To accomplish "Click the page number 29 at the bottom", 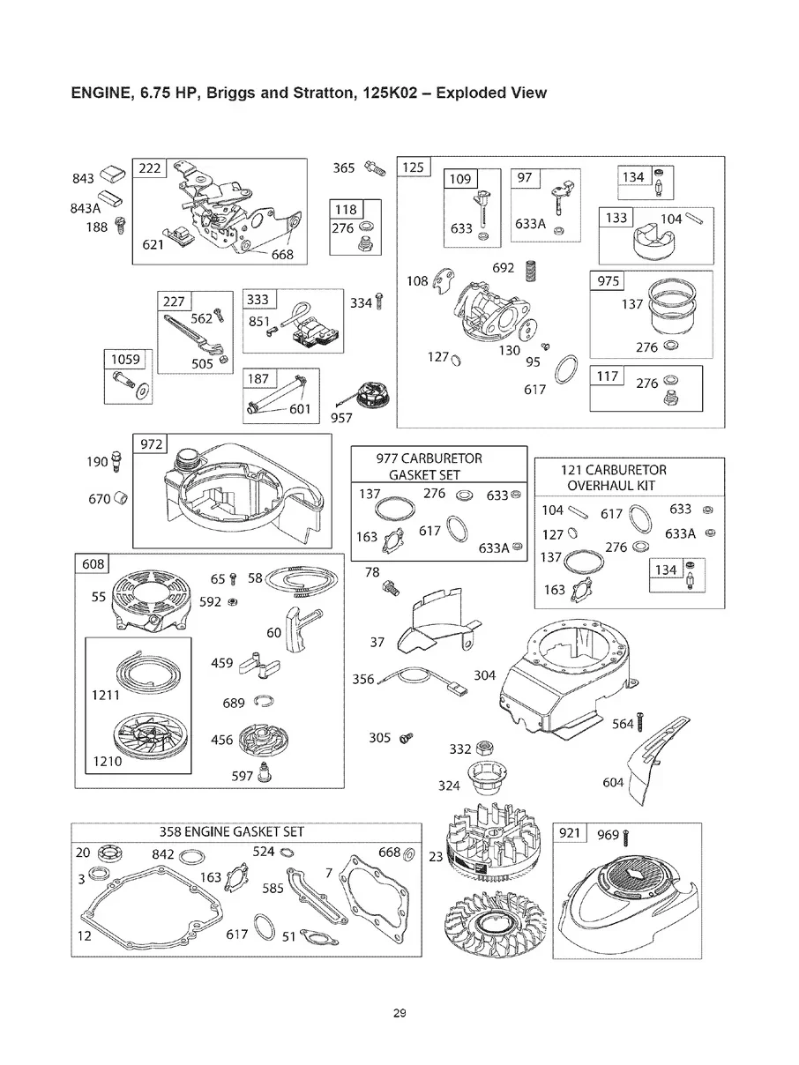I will [x=399, y=1013].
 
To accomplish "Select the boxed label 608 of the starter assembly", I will [x=93, y=564].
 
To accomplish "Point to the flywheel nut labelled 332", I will [x=485, y=750].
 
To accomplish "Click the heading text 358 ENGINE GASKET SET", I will [x=231, y=831].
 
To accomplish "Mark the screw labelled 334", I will [x=380, y=302].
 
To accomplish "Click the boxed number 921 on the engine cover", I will [x=569, y=833].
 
